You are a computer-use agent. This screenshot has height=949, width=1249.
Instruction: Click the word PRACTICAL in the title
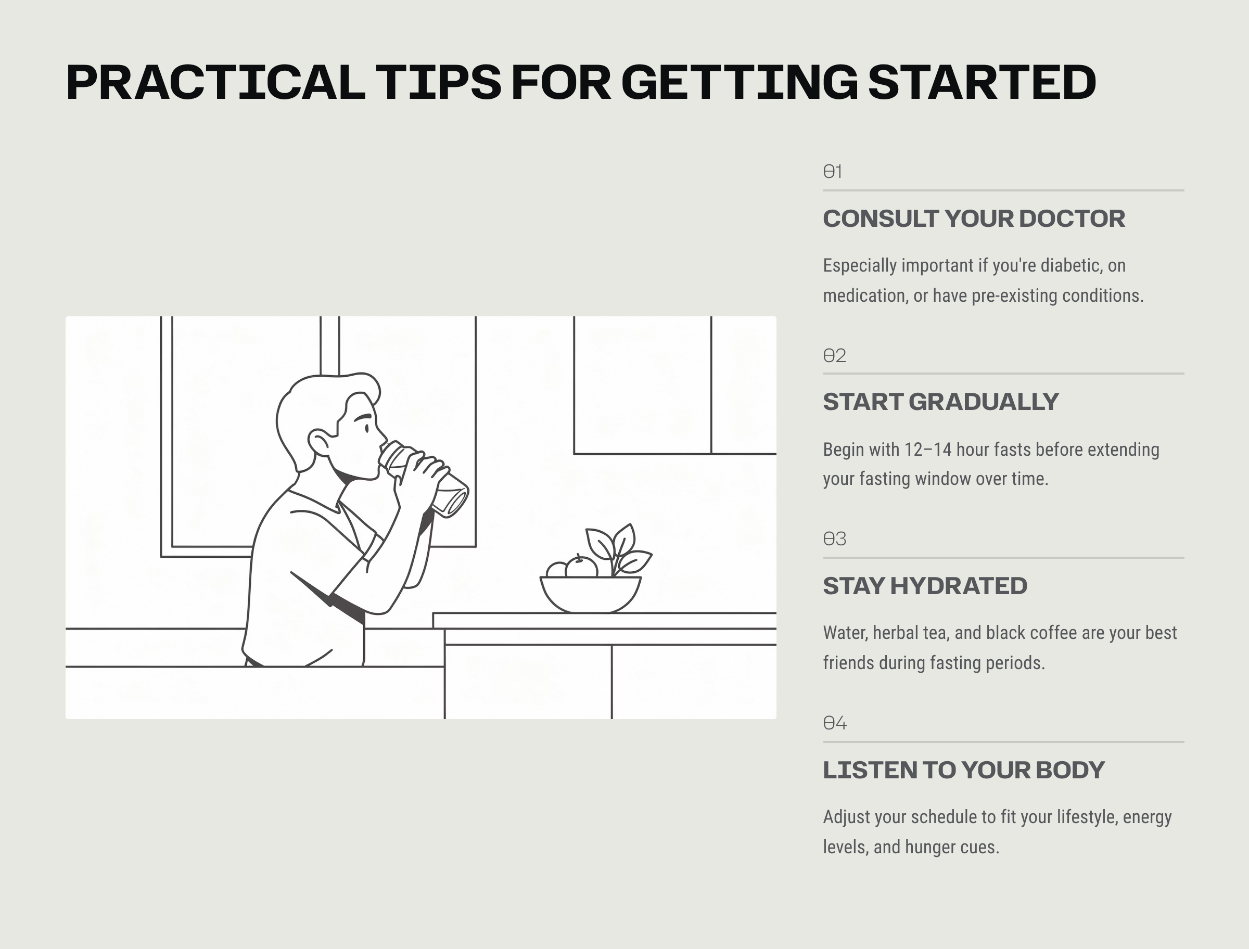(216, 83)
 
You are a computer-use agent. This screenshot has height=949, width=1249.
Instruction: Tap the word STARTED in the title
(982, 83)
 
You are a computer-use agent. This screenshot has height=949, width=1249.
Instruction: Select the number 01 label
(833, 171)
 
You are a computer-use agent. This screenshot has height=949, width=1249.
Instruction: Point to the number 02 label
(834, 355)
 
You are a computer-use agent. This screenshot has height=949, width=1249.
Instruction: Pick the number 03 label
(834, 539)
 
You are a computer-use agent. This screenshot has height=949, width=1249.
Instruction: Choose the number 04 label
(835, 723)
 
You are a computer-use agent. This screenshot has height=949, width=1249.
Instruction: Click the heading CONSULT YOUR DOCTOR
(974, 219)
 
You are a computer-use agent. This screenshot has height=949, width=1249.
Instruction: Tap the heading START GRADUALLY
(940, 402)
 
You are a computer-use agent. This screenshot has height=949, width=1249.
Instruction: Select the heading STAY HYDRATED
(925, 586)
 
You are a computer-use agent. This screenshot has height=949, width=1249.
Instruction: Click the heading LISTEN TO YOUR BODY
(964, 770)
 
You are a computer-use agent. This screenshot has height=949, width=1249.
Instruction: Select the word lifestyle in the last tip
(1088, 817)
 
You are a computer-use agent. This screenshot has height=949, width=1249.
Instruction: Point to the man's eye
(367, 429)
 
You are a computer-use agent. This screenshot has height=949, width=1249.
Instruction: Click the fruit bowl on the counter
(590, 594)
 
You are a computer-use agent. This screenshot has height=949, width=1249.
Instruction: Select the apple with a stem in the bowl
(581, 567)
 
